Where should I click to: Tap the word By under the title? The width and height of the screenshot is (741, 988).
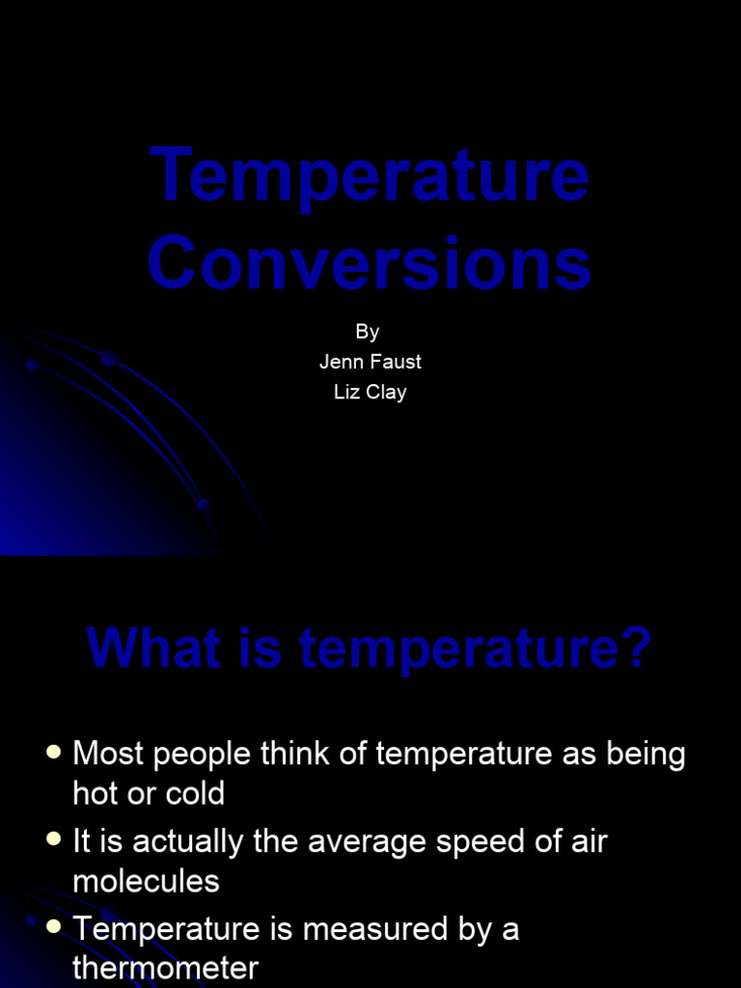[368, 332]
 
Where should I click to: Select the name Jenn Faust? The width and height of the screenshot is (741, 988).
[370, 362]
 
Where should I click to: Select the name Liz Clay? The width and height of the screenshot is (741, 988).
[370, 393]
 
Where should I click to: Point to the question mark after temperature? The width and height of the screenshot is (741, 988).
[638, 649]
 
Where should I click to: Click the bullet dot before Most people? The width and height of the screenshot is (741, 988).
[54, 752]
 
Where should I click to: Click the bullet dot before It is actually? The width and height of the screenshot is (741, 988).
[54, 839]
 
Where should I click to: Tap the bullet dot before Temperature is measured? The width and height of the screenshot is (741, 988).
[54, 927]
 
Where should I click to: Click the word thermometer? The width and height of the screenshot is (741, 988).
[165, 968]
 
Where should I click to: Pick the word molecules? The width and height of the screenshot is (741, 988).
[146, 881]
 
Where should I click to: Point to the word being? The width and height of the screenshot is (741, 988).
[645, 755]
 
